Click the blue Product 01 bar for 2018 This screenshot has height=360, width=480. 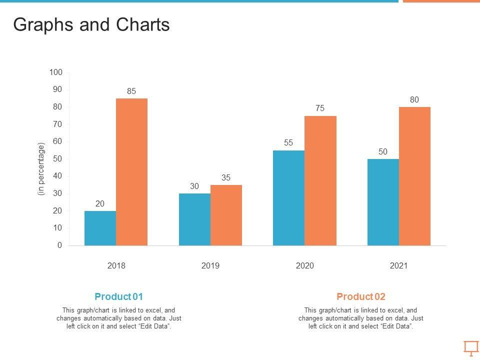pos(100,228)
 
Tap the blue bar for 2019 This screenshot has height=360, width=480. pos(194,219)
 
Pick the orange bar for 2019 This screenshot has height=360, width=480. pos(226,215)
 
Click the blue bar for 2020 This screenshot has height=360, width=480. pos(288,198)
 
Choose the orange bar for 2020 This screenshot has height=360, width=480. pos(320,180)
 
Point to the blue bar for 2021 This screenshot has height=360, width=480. pos(383,202)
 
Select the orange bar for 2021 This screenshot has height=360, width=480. pos(414,176)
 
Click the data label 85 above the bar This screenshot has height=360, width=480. pos(131,91)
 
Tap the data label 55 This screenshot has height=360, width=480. pos(288,142)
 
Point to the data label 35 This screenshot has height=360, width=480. pos(226,177)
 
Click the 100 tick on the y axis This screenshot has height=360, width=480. pos(56,72)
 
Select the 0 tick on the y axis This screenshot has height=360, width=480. pos(60,245)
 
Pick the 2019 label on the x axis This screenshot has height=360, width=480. pos(210,266)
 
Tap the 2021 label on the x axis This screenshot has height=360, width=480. pos(399,266)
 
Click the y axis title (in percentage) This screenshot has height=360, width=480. pos(41,169)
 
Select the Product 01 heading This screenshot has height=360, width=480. pos(118,296)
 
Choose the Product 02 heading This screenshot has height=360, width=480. pos(361,296)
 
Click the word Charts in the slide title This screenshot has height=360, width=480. pos(145,25)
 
